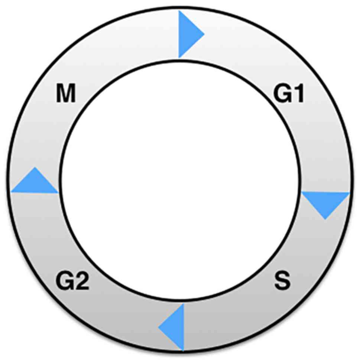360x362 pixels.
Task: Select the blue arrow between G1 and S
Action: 325,202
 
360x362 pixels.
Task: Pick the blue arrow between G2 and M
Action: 36,182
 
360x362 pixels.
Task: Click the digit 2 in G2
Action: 81,281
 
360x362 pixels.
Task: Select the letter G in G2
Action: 64,281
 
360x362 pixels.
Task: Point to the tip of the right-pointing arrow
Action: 204,34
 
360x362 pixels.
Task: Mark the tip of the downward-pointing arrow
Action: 325,219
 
